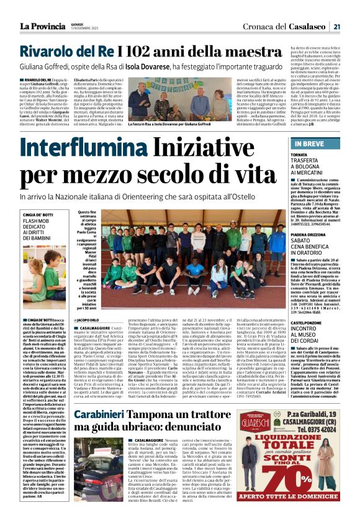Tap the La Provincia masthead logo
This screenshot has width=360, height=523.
pos(45,26)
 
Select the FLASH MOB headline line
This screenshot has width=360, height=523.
pos(36,221)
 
